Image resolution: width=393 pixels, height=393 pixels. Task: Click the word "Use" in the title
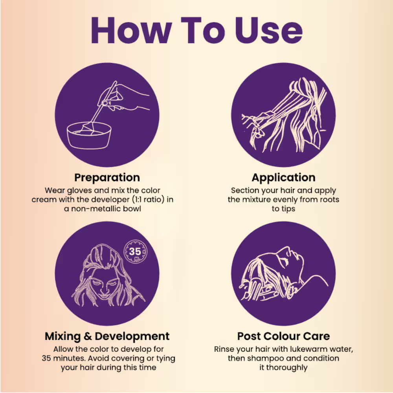(x=268, y=30)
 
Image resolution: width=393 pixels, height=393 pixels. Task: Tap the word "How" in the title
(x=131, y=30)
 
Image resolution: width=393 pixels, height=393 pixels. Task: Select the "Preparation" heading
(x=107, y=178)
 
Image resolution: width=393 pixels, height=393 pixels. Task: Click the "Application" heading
(x=283, y=178)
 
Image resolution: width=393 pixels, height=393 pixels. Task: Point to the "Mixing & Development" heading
(x=107, y=336)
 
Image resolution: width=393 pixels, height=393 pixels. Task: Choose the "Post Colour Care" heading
(x=283, y=336)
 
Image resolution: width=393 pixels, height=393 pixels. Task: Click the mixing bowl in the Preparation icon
(x=89, y=136)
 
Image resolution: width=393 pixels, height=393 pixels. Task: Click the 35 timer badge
(x=135, y=251)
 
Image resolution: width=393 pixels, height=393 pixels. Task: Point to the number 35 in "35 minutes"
(x=46, y=358)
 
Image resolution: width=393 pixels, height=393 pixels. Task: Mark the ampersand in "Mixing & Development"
(x=88, y=336)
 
